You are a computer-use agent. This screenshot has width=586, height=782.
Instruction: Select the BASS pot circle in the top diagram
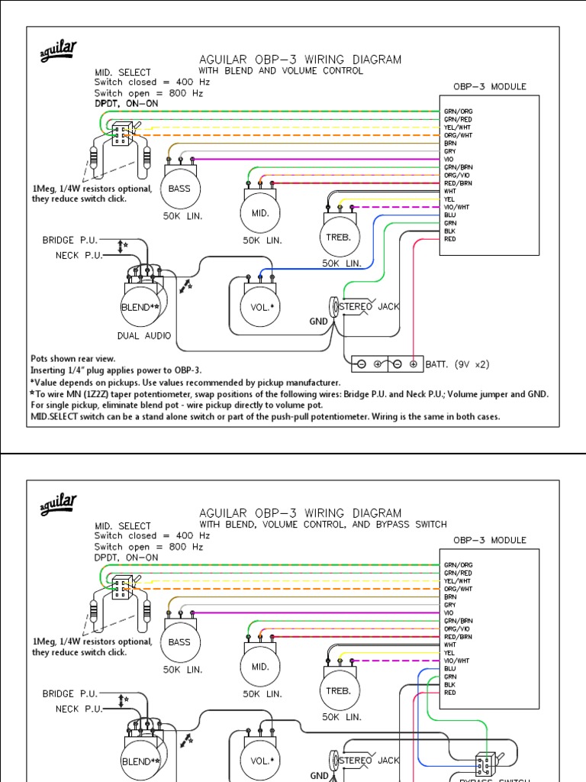pyautogui.click(x=179, y=189)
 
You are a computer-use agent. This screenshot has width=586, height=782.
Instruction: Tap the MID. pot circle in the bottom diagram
pyautogui.click(x=260, y=666)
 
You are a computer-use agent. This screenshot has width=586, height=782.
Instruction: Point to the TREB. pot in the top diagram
pyautogui.click(x=338, y=237)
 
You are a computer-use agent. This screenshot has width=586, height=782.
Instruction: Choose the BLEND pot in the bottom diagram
pyautogui.click(x=141, y=761)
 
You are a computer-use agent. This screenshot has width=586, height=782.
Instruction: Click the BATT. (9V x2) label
pyautogui.click(x=456, y=364)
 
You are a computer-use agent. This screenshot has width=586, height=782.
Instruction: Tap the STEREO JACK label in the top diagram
pyautogui.click(x=369, y=306)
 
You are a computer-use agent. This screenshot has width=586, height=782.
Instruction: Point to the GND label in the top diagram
pyautogui.click(x=318, y=322)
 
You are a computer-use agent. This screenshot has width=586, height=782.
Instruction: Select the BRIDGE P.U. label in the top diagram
pyautogui.click(x=69, y=240)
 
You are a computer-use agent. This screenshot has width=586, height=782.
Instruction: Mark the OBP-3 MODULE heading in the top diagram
pyautogui.click(x=489, y=86)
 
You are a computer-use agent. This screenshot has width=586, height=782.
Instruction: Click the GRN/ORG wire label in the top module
pyautogui.click(x=458, y=111)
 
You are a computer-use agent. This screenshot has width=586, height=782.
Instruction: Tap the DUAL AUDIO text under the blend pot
pyautogui.click(x=144, y=335)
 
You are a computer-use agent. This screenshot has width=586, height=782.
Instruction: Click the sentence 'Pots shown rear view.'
pyautogui.click(x=72, y=357)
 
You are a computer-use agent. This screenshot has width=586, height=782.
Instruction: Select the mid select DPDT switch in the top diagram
pyautogui.click(x=121, y=135)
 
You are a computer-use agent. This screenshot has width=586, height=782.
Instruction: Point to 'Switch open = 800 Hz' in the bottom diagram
pyautogui.click(x=148, y=547)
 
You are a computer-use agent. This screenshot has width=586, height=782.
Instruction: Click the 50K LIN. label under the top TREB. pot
pyautogui.click(x=341, y=263)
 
